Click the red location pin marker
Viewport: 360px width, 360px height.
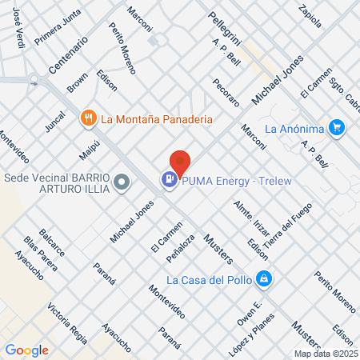pyautogui.click(x=180, y=162)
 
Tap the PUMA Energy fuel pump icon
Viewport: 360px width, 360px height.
pyautogui.click(x=170, y=181)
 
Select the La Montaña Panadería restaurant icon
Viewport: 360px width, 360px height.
pyautogui.click(x=89, y=118)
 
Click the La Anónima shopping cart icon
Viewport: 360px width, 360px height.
pyautogui.click(x=337, y=127)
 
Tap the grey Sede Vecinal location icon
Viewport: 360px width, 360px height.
pyautogui.click(x=122, y=183)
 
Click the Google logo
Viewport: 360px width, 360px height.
pyautogui.click(x=26, y=350)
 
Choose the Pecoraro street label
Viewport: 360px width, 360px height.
pyautogui.click(x=226, y=92)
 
